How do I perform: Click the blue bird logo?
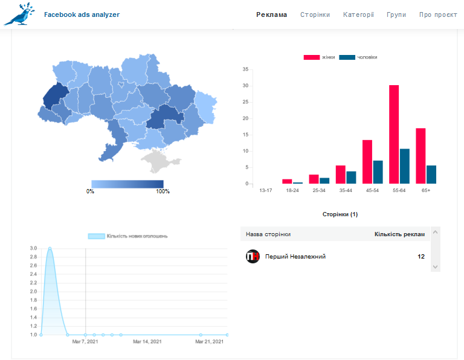(19, 14)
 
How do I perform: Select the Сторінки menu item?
(315, 14)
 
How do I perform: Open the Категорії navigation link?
(358, 14)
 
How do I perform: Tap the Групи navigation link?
(396, 14)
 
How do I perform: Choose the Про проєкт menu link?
(438, 14)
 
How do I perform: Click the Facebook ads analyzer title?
(82, 14)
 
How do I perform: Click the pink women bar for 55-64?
(393, 134)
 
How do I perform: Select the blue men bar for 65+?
(431, 175)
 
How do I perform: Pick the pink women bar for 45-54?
(367, 162)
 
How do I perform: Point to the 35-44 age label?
(346, 190)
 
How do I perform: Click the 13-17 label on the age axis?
(265, 190)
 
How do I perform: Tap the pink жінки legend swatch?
(312, 57)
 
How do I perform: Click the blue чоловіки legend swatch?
(347, 57)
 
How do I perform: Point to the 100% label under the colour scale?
(163, 191)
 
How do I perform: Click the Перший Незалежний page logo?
(253, 256)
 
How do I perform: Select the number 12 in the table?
(421, 257)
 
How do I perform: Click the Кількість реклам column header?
(399, 234)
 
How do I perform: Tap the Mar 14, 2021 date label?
(147, 342)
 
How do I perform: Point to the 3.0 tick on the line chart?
(33, 248)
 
